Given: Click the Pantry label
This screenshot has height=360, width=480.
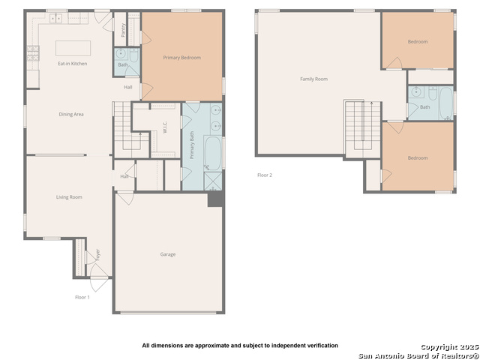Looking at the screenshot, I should click(x=123, y=29).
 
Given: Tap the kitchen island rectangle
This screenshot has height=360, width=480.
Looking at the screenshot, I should click(x=73, y=48).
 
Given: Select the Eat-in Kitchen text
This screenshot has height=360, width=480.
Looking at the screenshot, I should click(x=73, y=64).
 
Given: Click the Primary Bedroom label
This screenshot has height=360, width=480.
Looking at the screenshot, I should click(x=182, y=58).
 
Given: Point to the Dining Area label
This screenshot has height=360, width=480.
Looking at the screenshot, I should click(x=71, y=114).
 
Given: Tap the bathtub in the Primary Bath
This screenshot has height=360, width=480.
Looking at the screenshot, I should click(x=214, y=153).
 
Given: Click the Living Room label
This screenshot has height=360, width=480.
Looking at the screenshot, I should click(x=69, y=197).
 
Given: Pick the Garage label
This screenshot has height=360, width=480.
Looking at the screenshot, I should click(x=168, y=254).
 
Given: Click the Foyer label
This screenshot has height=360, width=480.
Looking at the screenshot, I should click(x=96, y=255).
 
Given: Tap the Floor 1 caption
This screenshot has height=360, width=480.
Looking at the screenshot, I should click(x=82, y=298).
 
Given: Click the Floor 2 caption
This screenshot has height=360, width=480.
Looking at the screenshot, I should click(x=265, y=175).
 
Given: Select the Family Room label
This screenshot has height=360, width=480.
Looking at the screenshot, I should click(x=313, y=79).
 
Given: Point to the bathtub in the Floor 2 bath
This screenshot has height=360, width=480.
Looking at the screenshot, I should click(x=446, y=101).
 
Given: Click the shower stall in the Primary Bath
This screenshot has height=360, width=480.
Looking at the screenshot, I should click(x=213, y=181).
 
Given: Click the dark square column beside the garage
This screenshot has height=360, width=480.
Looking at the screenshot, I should click(x=215, y=199).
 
